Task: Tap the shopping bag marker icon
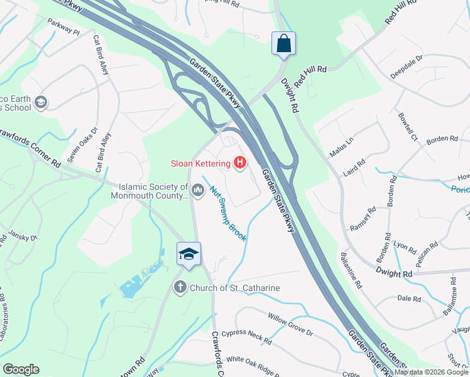pyautogui.click(x=283, y=43)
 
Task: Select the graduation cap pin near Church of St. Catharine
pyautogui.click(x=189, y=254)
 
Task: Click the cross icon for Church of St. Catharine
pyautogui.click(x=180, y=288)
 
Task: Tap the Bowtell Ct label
pyautogui.click(x=407, y=126)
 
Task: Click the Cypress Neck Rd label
pyautogui.click(x=249, y=337)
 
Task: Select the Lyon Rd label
pyautogui.click(x=401, y=244)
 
